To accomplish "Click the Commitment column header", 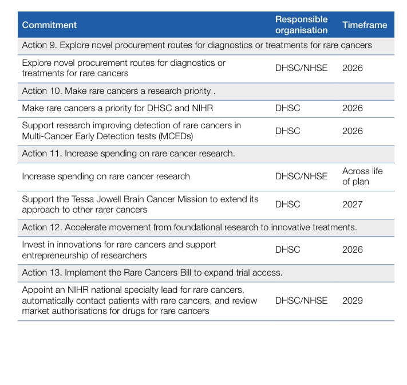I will pyautogui.click(x=49, y=25).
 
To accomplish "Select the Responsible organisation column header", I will pyautogui.click(x=301, y=25).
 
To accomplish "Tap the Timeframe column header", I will pyautogui.click(x=365, y=25).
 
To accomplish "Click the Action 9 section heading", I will pyautogui.click(x=197, y=45).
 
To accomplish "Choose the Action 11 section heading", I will pyautogui.click(x=128, y=154).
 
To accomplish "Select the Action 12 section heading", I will pyautogui.click(x=189, y=227).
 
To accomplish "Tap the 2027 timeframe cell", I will pyautogui.click(x=353, y=205).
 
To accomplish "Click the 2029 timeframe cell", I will pyautogui.click(x=353, y=301).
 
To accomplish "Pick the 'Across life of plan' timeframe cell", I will pyautogui.click(x=362, y=176).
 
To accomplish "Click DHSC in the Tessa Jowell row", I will pyautogui.click(x=287, y=205).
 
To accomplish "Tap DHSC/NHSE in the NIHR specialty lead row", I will pyautogui.click(x=301, y=301).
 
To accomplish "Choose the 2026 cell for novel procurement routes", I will pyautogui.click(x=353, y=68).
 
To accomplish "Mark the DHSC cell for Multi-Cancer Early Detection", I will pyautogui.click(x=287, y=131).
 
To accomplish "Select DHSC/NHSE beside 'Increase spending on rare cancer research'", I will pyautogui.click(x=301, y=176).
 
